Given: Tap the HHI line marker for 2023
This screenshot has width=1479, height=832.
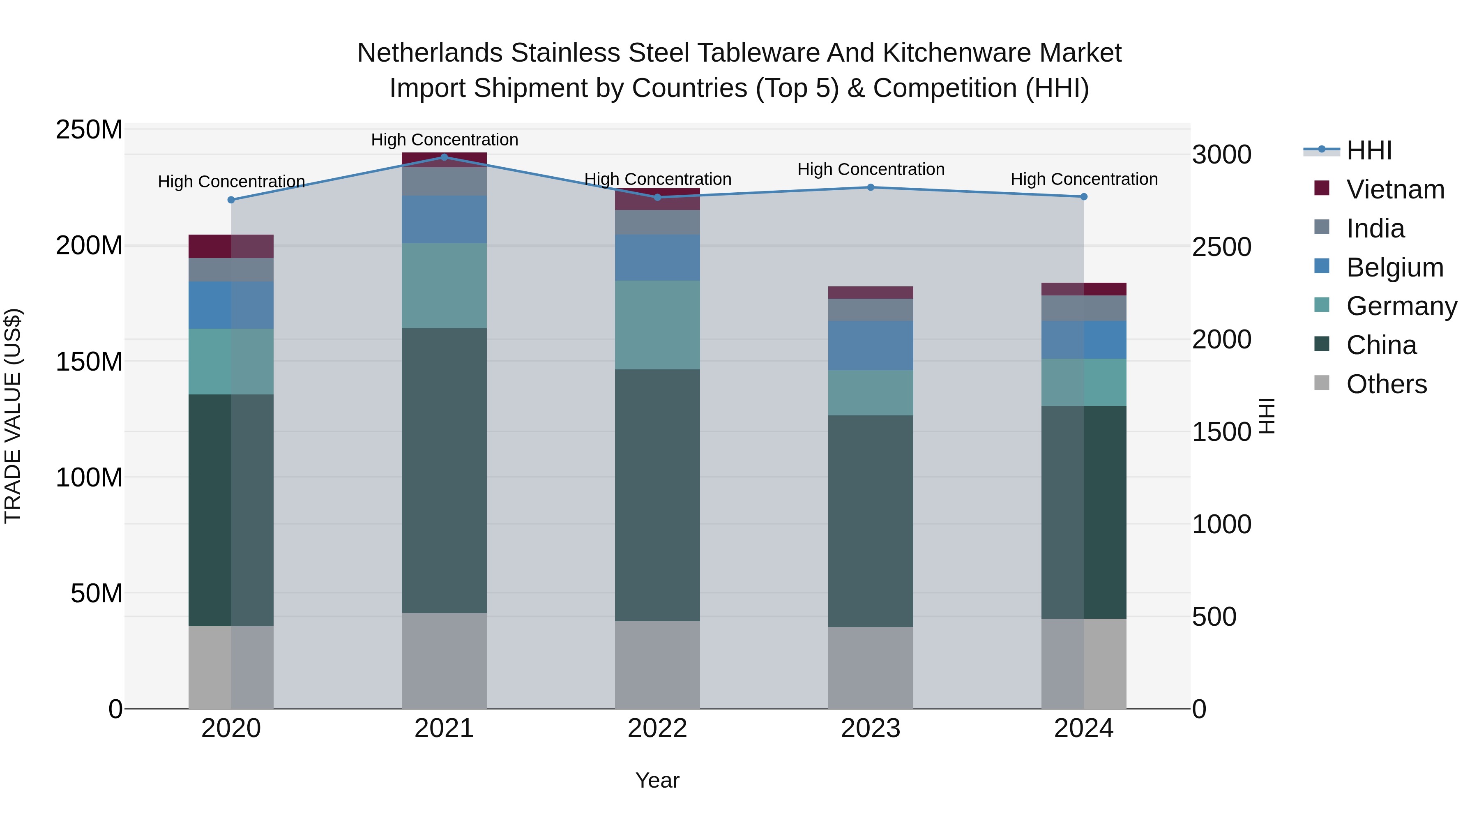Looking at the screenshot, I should (871, 187).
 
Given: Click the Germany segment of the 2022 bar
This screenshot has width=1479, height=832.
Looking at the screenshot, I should (657, 325).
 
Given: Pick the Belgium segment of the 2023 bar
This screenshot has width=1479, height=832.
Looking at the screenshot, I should (871, 345).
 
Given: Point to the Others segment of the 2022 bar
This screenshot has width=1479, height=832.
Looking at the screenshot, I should (657, 664).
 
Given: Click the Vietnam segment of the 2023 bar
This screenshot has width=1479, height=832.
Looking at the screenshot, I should (871, 292).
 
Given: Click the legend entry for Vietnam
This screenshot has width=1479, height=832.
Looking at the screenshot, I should (1395, 189).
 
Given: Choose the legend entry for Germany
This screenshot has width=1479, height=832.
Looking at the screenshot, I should (1401, 306).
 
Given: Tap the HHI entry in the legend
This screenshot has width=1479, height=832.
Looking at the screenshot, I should (1369, 150).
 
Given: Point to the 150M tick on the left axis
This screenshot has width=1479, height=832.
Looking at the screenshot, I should (89, 362).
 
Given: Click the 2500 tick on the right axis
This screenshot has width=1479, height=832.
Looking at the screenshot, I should (1222, 247).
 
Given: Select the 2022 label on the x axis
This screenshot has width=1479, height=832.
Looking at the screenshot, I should (657, 728).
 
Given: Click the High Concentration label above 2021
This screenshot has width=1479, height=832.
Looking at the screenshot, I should (445, 140).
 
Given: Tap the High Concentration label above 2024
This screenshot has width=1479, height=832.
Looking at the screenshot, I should (1084, 179).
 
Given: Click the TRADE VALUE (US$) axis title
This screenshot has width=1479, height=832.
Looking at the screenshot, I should (13, 416).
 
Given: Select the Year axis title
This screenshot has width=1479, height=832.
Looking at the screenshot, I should (657, 780).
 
